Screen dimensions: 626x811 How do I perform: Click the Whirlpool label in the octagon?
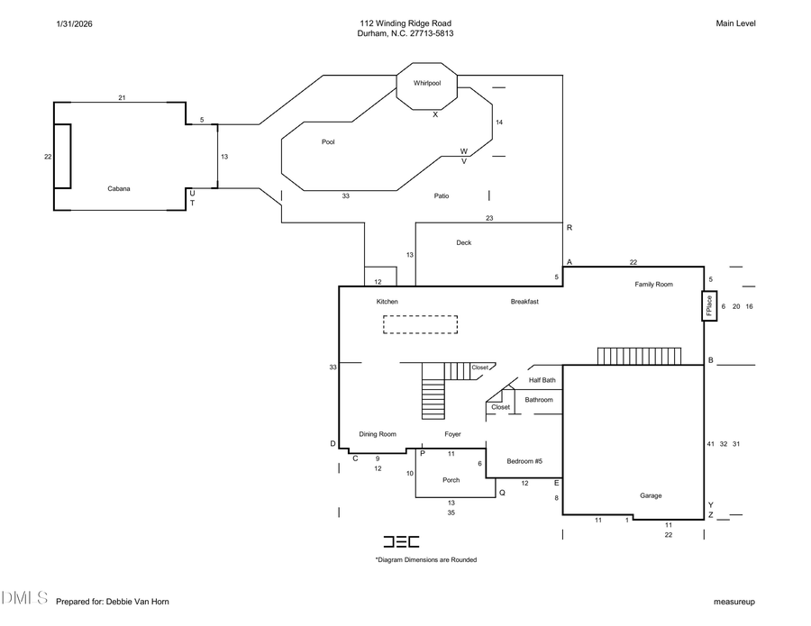427,83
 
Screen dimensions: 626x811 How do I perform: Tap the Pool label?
328,141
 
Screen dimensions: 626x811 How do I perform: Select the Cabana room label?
119,188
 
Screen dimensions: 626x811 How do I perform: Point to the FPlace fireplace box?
709,306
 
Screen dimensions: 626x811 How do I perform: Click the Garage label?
651,495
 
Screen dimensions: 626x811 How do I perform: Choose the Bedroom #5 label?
524,461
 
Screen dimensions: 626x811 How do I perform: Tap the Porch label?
451,480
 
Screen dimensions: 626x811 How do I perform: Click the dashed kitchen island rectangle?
420,324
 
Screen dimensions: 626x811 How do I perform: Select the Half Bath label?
542,380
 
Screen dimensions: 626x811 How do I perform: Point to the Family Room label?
653,285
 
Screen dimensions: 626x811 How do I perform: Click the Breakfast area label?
524,302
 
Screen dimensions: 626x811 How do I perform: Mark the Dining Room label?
378,434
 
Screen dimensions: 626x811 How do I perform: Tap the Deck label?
463,242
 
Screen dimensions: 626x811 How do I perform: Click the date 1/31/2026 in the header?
74,23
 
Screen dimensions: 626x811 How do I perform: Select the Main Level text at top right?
735,23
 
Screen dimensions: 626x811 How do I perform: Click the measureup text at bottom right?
734,601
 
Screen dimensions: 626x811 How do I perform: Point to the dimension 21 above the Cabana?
122,96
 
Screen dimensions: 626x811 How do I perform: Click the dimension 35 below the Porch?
451,513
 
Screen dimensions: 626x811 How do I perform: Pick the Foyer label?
452,434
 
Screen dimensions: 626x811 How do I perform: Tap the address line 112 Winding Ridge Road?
405,23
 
